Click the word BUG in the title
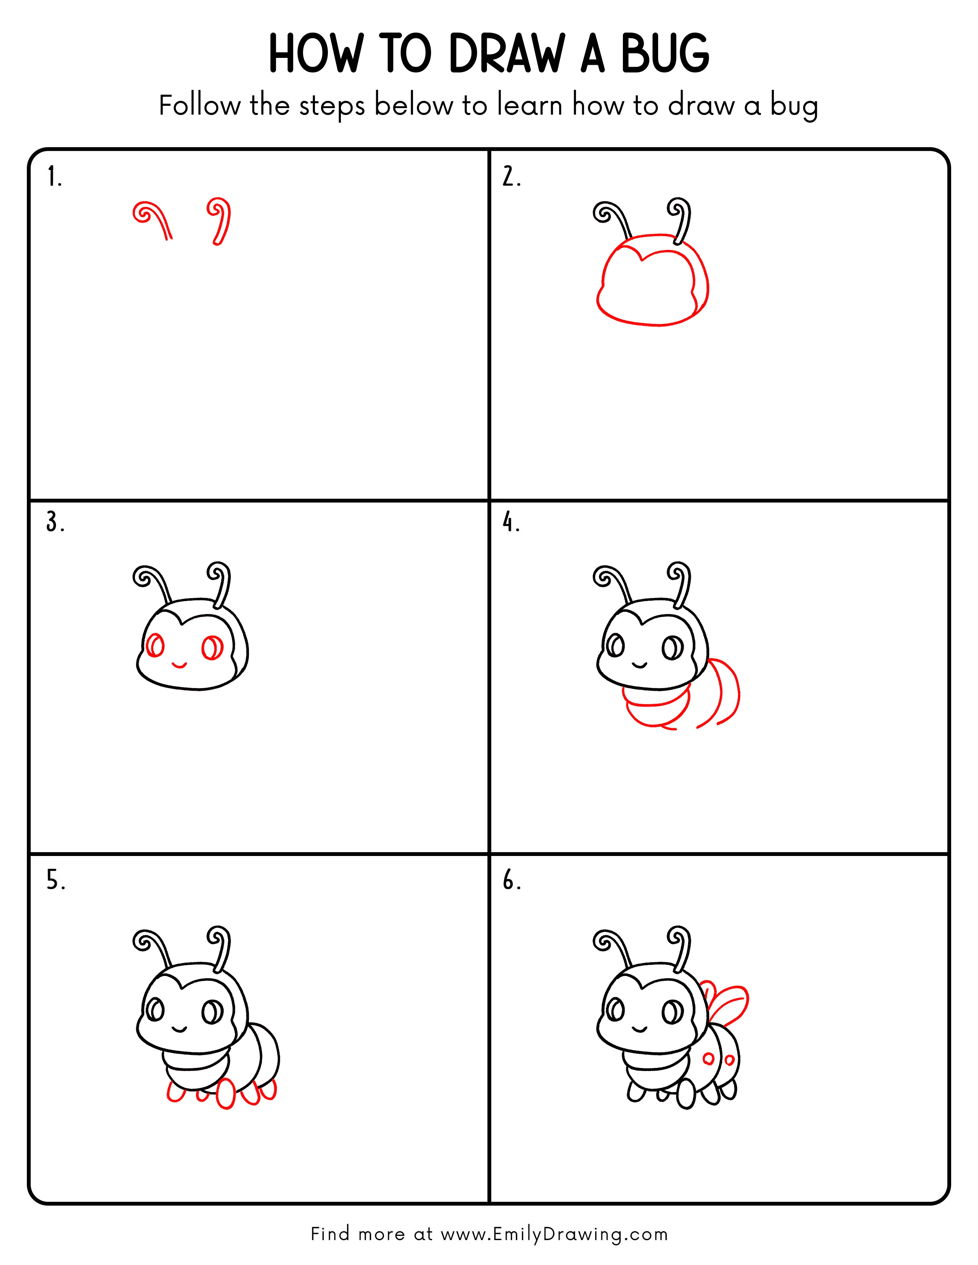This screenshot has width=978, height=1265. (x=665, y=54)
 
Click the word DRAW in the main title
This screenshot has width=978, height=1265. (x=506, y=54)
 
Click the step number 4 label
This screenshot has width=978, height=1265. (x=510, y=522)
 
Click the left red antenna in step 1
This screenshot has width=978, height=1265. (x=152, y=219)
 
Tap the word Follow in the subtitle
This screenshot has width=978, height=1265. (x=199, y=105)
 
